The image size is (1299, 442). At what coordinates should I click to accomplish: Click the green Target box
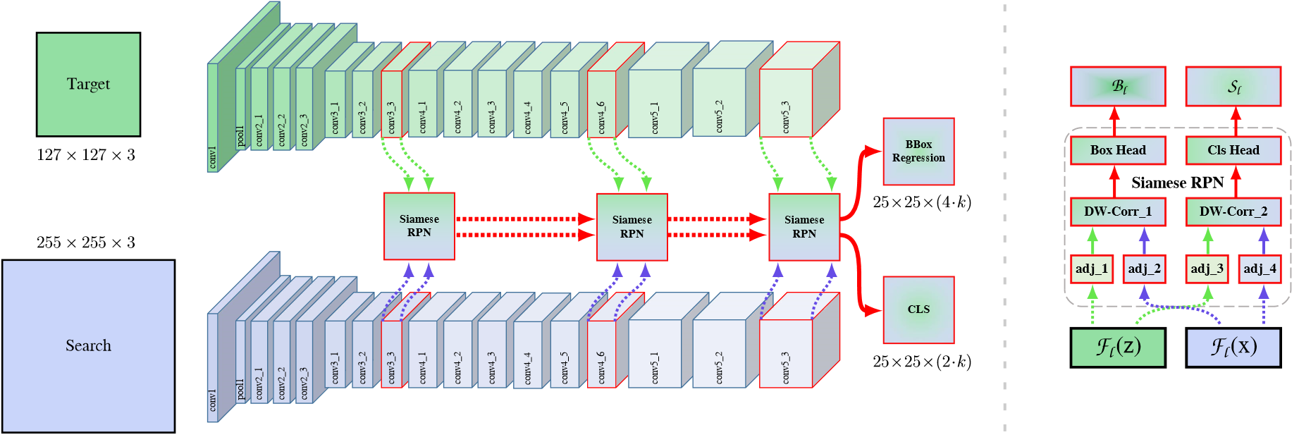[88, 84]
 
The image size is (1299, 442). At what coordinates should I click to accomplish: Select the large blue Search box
[88, 345]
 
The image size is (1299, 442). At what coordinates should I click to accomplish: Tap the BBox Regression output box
[918, 152]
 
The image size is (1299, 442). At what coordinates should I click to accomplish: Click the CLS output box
[918, 309]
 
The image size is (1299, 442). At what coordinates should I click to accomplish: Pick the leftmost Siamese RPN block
[419, 226]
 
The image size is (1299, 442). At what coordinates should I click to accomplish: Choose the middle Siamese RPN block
[632, 227]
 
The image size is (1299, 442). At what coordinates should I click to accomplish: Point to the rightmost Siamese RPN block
[804, 227]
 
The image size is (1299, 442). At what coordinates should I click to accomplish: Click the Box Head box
[1118, 150]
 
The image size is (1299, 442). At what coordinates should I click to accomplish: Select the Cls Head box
[1233, 150]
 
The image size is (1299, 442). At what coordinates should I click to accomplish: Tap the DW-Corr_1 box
[1118, 211]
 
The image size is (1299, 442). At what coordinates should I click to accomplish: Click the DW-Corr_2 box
[1233, 211]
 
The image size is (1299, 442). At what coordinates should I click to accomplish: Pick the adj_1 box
[1092, 269]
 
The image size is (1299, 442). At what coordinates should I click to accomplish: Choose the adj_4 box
[1260, 269]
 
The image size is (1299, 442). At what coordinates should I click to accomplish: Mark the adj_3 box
[1207, 269]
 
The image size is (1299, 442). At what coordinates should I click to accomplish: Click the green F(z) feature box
[1118, 347]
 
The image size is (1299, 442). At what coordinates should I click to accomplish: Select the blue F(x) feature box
[1233, 347]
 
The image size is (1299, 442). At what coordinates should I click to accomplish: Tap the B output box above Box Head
[1118, 87]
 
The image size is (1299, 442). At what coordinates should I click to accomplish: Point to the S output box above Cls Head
[1233, 87]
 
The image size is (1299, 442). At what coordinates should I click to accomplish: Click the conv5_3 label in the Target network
[786, 117]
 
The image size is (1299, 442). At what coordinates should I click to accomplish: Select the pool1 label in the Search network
[240, 389]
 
